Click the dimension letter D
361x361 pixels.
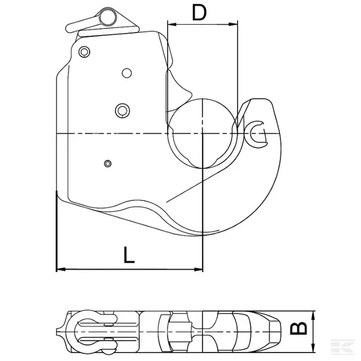click(199, 13)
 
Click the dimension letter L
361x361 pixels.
click(129, 255)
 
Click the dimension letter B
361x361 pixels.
click(298, 328)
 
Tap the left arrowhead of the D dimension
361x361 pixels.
click(172, 24)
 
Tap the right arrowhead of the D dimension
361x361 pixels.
click(233, 24)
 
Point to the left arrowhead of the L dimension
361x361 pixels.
click(61, 269)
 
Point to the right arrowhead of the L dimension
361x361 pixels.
click(198, 269)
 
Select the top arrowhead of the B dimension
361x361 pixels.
click(313, 315)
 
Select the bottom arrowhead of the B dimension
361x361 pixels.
click(313, 348)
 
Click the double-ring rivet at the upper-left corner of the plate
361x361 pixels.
click(84, 52)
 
